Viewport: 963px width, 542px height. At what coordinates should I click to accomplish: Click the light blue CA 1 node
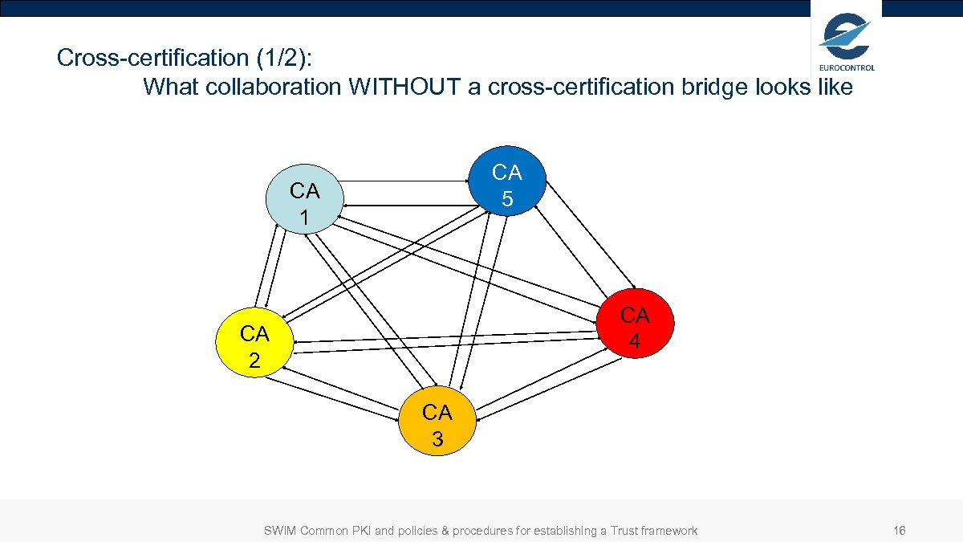[304, 203]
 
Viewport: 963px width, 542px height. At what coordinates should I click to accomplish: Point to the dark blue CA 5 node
[507, 185]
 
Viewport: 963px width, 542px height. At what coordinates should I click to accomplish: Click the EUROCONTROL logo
[846, 40]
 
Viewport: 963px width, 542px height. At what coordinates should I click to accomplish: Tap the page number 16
[899, 531]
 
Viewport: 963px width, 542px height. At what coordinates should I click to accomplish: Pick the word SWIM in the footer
[280, 531]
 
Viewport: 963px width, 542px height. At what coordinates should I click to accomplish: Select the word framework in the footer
[672, 531]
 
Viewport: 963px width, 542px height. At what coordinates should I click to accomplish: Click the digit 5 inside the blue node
[507, 198]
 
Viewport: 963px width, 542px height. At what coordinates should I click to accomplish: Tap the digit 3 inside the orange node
[437, 438]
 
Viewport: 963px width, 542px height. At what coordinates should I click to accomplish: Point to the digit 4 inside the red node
[635, 341]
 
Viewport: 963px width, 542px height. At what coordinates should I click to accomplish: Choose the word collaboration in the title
[274, 87]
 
